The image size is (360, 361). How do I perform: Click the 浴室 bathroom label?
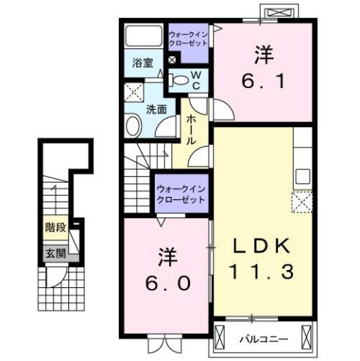(143, 63)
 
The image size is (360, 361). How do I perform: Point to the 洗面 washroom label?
(156, 108)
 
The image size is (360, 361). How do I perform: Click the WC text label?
(195, 79)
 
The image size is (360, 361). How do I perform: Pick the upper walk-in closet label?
(189, 38)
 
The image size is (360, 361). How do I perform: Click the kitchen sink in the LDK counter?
(304, 177)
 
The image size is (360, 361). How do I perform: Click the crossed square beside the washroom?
(135, 93)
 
